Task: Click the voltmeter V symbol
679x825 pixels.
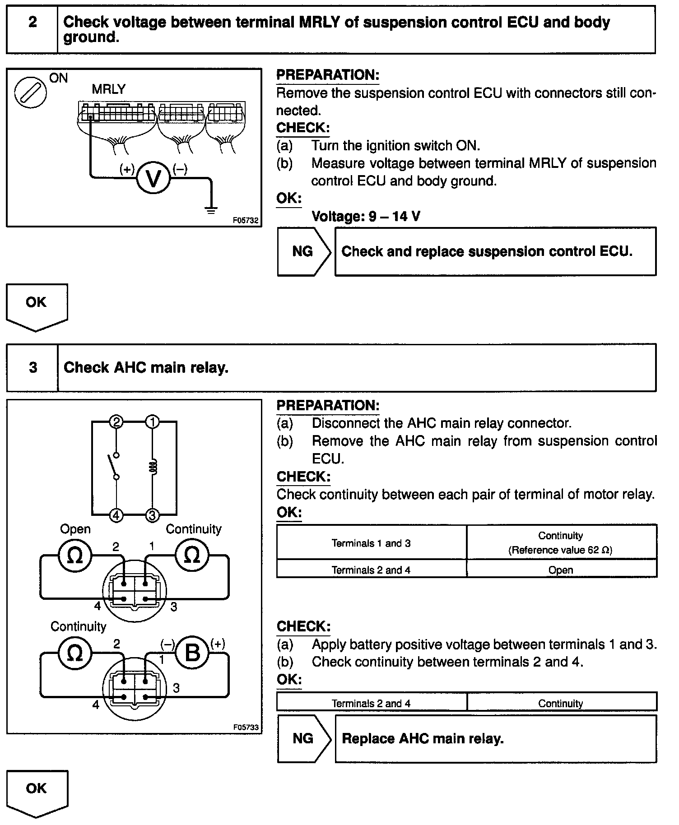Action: (153, 179)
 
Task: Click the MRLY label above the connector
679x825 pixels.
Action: (108, 89)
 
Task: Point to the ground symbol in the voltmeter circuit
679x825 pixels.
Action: (211, 210)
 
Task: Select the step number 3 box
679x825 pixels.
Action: (33, 367)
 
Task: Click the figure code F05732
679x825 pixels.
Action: (246, 220)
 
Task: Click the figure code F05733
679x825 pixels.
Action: (246, 727)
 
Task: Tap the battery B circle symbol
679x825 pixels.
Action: (192, 653)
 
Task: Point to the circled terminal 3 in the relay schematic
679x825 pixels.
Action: (152, 515)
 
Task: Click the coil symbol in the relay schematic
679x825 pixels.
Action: (153, 468)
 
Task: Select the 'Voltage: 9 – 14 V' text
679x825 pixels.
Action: (366, 216)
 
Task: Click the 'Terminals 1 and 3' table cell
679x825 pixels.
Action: (371, 543)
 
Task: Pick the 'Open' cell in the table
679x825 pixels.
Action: (561, 570)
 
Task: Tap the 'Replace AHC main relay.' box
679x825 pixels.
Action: (495, 738)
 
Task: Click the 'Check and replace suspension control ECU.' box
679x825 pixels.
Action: (495, 251)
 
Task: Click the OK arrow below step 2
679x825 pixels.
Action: (37, 306)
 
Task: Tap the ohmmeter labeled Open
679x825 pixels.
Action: (74, 555)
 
